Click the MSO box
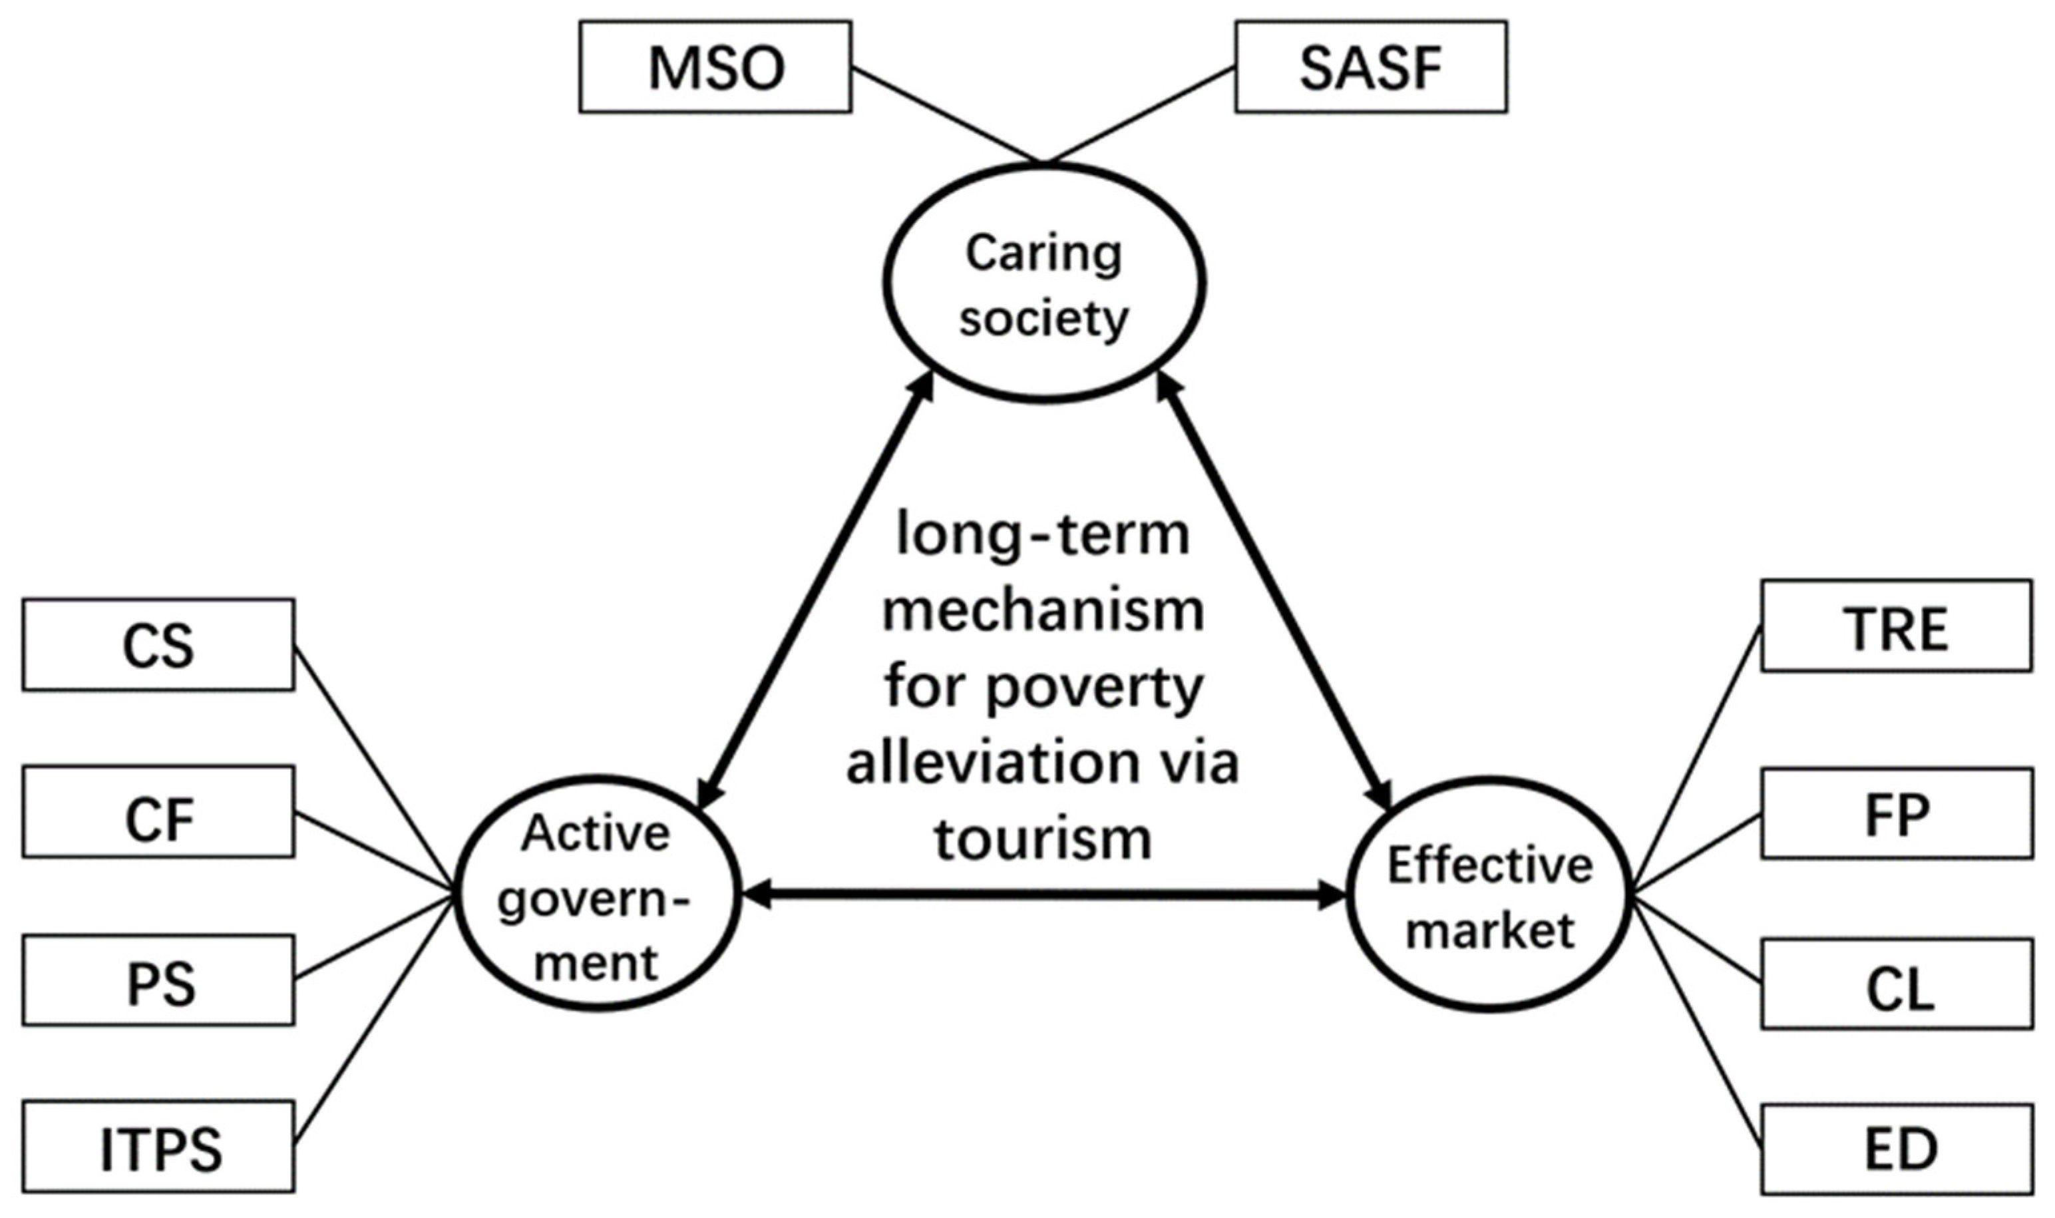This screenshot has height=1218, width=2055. click(715, 67)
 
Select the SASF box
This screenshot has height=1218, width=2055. click(1370, 67)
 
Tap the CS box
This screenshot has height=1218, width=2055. click(158, 644)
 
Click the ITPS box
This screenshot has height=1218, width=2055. click(158, 1147)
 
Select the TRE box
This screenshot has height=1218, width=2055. click(1897, 626)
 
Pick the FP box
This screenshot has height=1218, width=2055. click(1897, 813)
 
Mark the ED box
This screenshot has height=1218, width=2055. click(1897, 1149)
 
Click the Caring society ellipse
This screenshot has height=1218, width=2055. click(1044, 282)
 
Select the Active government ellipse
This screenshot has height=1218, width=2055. click(597, 895)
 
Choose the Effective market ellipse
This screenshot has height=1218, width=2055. click(1488, 895)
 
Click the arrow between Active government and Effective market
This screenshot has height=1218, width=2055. click(1042, 895)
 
